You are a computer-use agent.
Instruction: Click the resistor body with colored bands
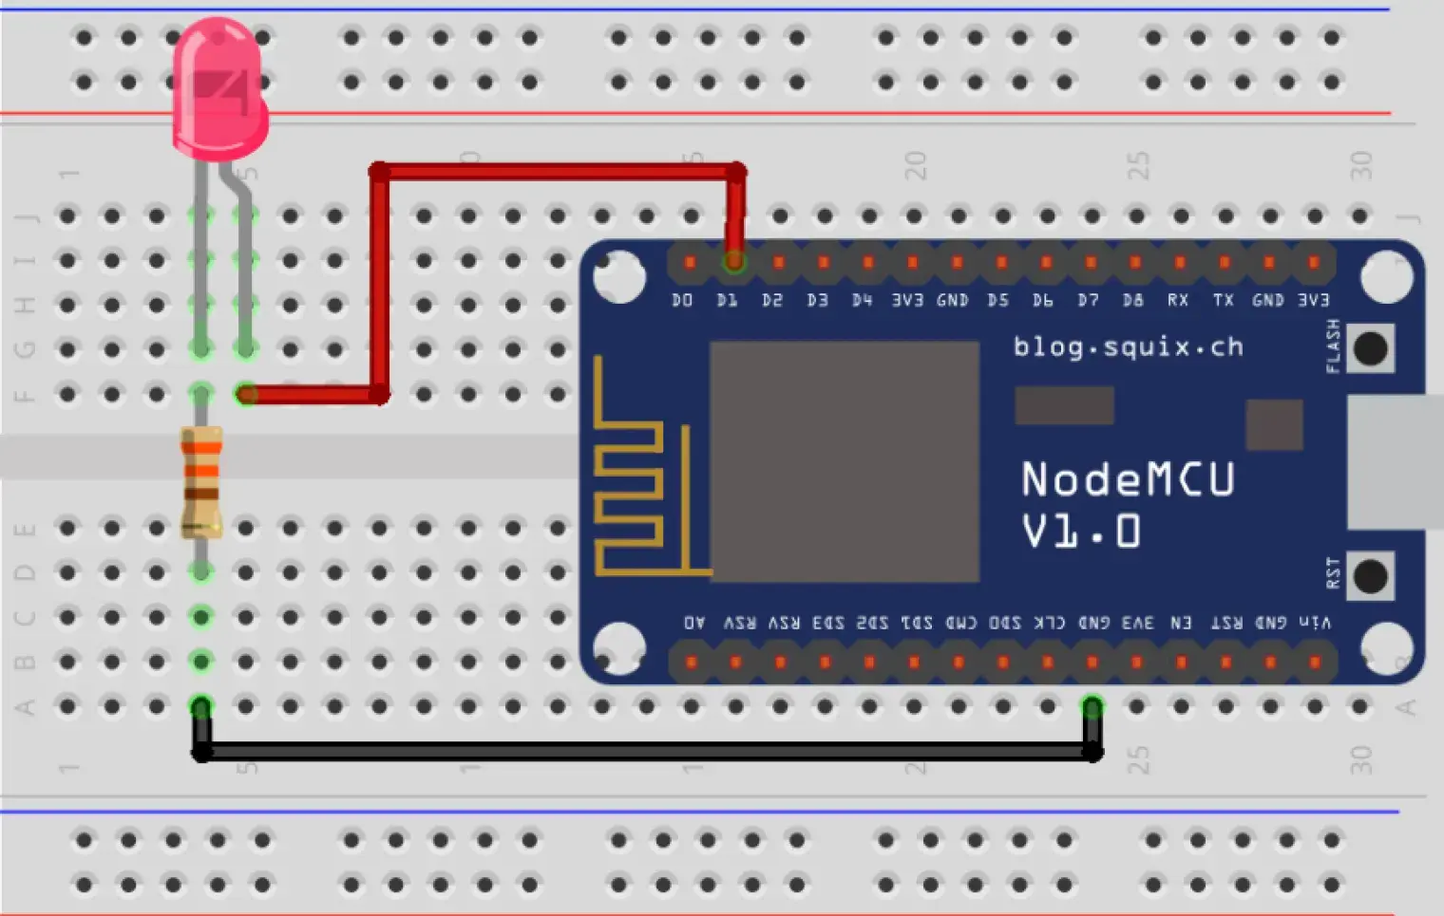(x=201, y=481)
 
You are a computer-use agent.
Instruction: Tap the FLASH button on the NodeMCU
(x=1369, y=348)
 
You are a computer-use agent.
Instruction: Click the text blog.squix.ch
(x=1128, y=346)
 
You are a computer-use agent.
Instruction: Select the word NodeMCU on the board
(x=1128, y=479)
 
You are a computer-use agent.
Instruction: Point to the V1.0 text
(x=1081, y=532)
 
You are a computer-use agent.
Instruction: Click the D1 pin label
(x=727, y=300)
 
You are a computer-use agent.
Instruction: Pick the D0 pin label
(x=682, y=300)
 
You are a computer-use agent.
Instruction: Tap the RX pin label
(x=1178, y=300)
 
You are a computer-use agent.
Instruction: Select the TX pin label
(x=1223, y=300)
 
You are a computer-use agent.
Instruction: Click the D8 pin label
(x=1132, y=300)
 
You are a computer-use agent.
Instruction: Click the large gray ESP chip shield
(x=845, y=461)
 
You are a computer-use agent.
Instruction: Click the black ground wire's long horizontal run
(x=646, y=752)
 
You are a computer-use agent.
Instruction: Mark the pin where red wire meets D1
(x=733, y=261)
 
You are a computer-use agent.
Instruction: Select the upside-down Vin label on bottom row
(x=1315, y=623)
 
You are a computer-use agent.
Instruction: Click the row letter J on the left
(x=26, y=217)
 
